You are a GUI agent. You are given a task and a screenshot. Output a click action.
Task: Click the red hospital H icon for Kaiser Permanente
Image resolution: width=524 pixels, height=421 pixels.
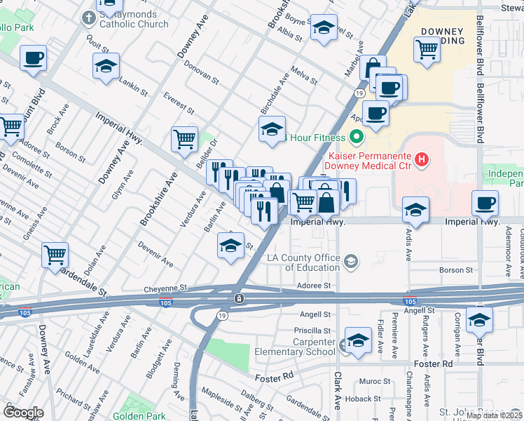tap(421, 160)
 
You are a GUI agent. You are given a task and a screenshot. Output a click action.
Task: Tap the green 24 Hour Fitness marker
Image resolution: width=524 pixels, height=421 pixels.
tap(356, 137)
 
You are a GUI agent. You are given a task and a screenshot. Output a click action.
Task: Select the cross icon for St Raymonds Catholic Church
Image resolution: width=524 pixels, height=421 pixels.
tap(89, 18)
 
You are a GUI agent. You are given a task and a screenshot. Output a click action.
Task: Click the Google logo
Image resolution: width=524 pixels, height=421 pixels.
tap(23, 412)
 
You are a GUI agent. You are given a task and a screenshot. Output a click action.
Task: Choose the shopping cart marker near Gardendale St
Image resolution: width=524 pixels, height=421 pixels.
tap(55, 255)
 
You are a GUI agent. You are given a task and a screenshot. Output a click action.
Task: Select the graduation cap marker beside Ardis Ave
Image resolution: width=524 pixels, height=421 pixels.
tap(416, 209)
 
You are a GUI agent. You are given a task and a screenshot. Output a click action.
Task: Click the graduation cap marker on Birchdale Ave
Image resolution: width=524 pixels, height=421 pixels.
tap(272, 129)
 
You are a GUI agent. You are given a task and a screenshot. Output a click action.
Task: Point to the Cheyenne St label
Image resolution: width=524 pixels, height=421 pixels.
tap(166, 288)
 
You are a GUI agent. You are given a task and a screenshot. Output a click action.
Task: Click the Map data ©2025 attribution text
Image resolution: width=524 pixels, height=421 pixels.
tap(493, 415)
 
